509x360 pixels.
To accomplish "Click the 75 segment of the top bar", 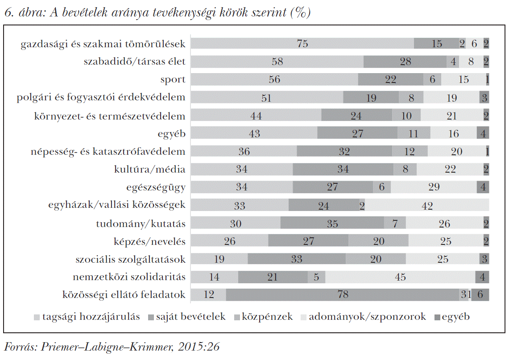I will pos(302,44).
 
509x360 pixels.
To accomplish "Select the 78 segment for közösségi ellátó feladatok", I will pos(343,295).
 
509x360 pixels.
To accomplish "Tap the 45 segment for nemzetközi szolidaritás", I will pos(400,277).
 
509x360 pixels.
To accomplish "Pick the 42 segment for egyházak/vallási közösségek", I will pos(427,205).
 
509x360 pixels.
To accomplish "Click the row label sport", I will pos(173,80).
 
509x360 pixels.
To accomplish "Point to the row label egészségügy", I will pos(156,187).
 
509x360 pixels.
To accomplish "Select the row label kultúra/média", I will pos(149,170).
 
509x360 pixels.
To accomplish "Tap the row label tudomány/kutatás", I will pos(141,223).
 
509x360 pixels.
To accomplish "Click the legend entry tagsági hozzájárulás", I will pos(91,317).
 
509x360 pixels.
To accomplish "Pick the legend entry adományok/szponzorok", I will pos(367,317).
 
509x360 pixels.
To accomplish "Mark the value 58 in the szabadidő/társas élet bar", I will pos(277,62).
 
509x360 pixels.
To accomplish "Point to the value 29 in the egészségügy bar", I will pos(434,187).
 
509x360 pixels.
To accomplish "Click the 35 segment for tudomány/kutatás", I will pos(332,223).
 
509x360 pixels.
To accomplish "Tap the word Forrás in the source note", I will pos(18,347).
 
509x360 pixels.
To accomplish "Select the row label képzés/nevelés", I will pos(149,241).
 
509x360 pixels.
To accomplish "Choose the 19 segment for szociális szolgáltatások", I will pos(219,259).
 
